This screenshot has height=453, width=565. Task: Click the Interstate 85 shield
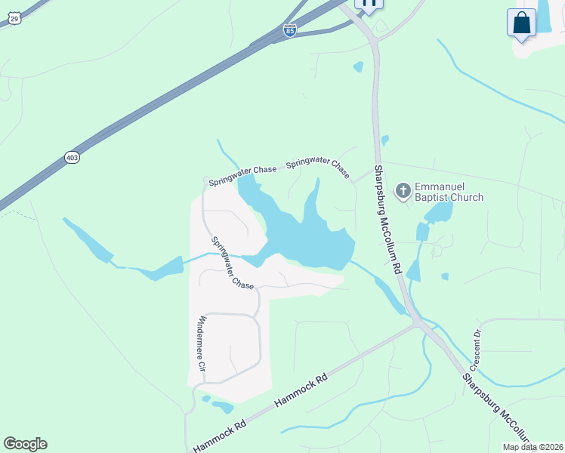tap(290, 30)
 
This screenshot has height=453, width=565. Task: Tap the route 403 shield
tap(72, 157)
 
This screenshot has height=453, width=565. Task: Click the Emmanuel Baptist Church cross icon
tap(403, 192)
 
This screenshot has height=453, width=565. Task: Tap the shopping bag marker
tap(522, 23)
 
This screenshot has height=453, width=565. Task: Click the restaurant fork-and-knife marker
tap(369, 3)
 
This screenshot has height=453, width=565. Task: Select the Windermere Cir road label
tap(202, 344)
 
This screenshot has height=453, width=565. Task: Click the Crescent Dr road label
tap(477, 344)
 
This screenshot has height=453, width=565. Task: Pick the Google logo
tap(25, 444)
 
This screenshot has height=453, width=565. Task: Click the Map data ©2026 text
tap(533, 447)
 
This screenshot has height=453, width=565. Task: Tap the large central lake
tap(302, 234)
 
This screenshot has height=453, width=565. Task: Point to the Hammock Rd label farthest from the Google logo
tap(301, 388)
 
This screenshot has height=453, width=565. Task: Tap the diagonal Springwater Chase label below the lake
tap(232, 263)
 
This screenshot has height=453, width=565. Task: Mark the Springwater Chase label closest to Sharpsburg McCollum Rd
tap(317, 167)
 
